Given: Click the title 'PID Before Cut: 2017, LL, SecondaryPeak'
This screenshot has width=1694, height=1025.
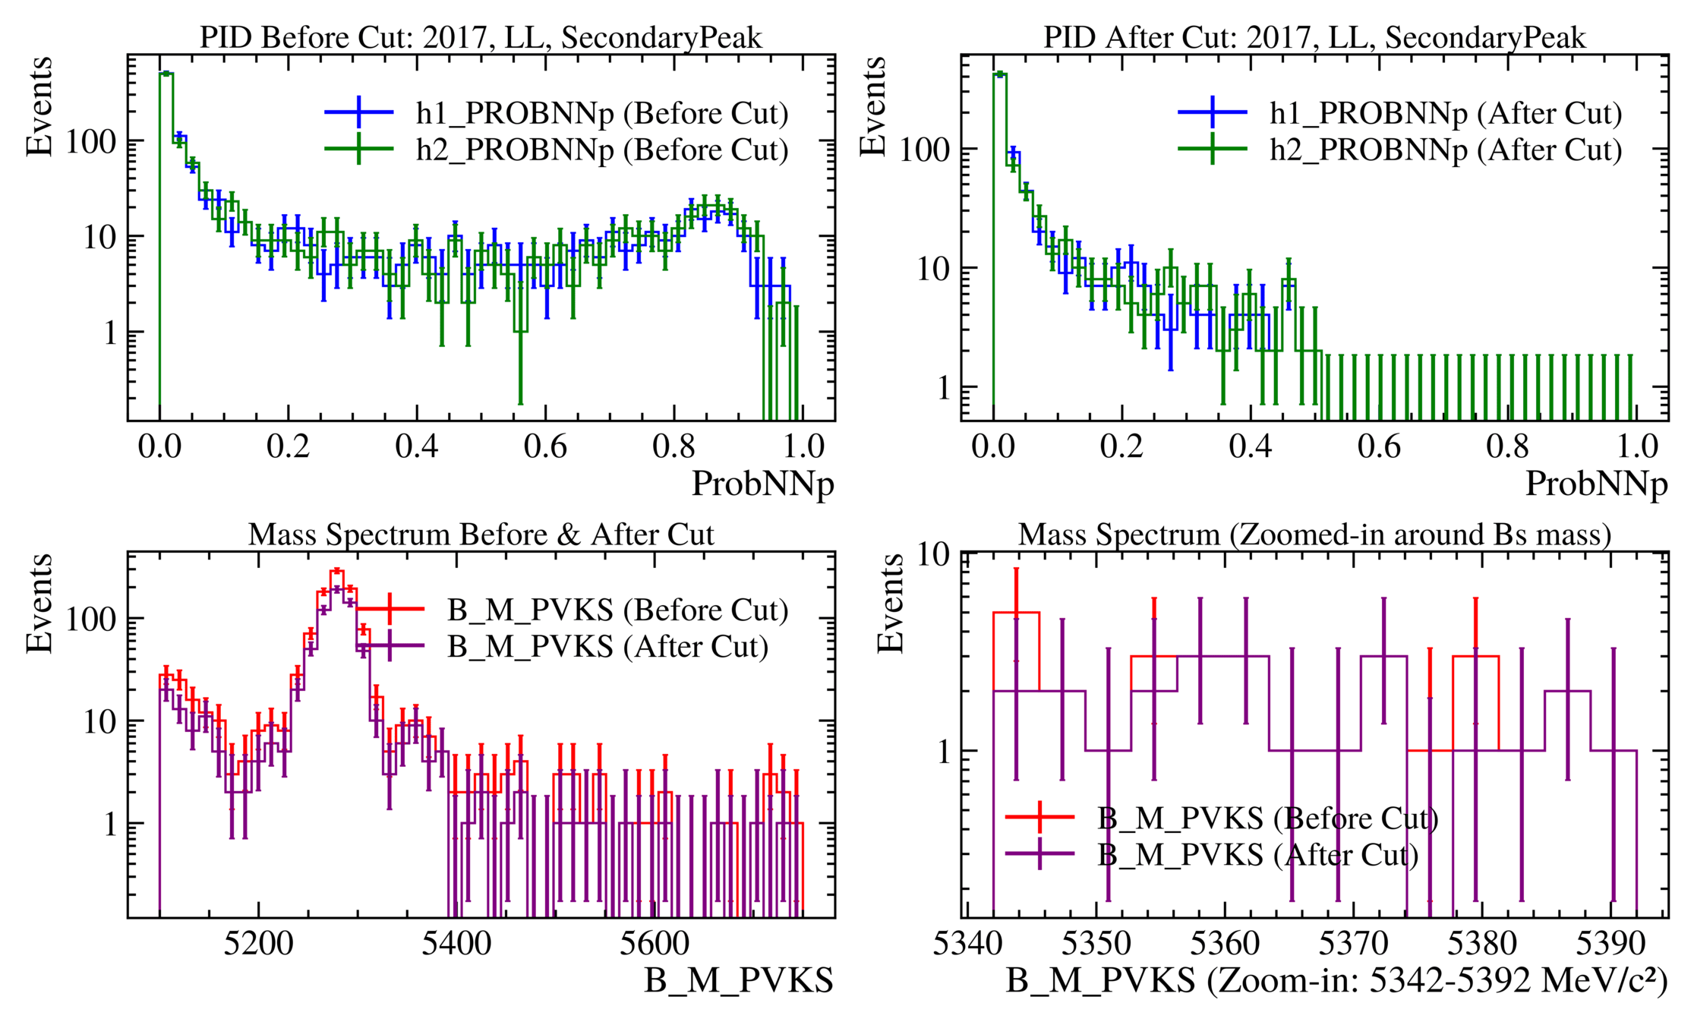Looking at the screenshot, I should coord(481,37).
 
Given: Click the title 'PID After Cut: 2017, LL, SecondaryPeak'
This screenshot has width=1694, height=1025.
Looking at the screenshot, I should coord(1314,37).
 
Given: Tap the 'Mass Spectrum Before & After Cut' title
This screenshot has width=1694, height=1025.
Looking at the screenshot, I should coord(481,535).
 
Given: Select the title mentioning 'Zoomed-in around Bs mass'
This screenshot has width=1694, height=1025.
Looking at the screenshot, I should coord(1314,535).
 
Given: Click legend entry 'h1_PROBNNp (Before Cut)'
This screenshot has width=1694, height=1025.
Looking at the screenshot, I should coord(601,113).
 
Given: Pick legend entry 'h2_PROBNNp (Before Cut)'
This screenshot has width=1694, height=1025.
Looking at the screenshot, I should coord(601,150).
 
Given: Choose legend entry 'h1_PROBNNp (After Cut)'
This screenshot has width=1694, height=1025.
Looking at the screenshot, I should coord(1445,113).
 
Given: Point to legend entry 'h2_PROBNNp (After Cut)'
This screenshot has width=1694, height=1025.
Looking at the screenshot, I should coord(1445,150).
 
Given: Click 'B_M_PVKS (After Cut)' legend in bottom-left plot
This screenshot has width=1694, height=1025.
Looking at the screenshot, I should coord(607,647).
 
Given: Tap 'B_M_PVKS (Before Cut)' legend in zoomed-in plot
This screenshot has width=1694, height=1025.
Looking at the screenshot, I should coord(1267,818).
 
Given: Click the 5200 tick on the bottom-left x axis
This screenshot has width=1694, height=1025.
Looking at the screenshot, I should coord(258,944).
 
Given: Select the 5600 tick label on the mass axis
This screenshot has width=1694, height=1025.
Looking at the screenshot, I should coord(654,944).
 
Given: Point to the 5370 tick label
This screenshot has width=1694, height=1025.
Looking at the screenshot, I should coord(1353,944).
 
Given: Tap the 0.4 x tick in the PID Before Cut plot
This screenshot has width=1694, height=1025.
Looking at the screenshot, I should coord(417,446).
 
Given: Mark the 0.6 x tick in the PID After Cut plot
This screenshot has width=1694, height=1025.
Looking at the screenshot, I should coord(1379,446).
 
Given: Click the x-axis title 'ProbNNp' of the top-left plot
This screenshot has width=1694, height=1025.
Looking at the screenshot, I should coord(762,484).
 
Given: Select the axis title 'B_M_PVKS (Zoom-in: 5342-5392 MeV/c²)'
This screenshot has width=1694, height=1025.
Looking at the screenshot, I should coord(1336,981).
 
